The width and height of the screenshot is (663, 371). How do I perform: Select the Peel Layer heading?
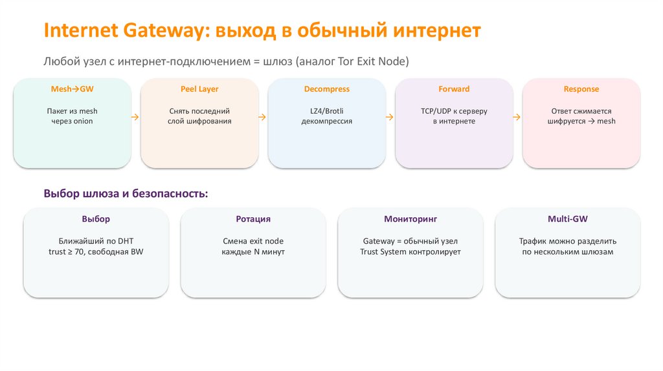(199, 89)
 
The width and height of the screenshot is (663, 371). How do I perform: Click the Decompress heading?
(326, 89)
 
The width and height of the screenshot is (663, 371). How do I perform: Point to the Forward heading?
(454, 89)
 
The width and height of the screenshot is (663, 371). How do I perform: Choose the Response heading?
(581, 89)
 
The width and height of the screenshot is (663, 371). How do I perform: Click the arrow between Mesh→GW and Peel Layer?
(135, 117)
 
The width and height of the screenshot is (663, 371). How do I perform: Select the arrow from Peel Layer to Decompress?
(262, 117)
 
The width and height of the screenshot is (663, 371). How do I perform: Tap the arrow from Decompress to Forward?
(390, 117)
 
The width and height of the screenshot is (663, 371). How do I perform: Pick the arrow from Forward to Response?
(517, 117)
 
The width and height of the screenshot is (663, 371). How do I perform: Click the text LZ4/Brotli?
(326, 111)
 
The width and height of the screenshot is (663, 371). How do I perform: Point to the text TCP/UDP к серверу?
(454, 111)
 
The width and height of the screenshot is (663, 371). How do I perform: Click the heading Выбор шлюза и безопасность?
(126, 193)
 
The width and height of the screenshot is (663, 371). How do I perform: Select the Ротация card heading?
(253, 219)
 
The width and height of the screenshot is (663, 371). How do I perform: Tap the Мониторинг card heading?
(410, 219)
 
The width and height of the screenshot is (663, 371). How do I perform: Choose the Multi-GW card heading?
(568, 219)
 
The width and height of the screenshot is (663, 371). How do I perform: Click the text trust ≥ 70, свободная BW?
(96, 251)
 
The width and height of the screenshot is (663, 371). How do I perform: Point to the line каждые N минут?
(253, 251)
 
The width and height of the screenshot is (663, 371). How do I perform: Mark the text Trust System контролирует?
(410, 251)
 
